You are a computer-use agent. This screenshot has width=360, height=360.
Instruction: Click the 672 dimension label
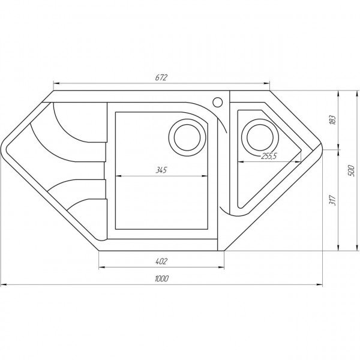(160, 77)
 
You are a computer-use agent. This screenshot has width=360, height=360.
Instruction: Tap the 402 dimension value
(160, 260)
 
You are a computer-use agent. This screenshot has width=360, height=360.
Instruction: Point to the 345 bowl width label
(160, 170)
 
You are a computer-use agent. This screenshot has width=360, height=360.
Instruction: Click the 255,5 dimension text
(268, 157)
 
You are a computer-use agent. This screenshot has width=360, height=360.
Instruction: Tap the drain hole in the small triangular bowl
(259, 137)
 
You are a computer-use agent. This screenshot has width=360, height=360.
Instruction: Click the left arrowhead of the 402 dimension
(101, 266)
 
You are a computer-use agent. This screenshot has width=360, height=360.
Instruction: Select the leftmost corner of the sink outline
(2, 149)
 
